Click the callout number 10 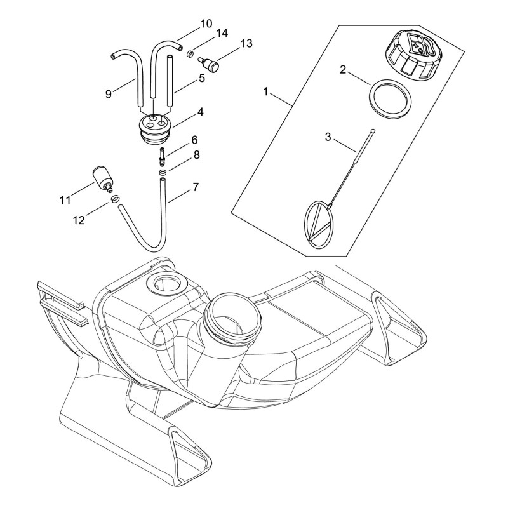point(206,23)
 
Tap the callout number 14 point(222,34)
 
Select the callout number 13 point(246,43)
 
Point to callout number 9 point(109,94)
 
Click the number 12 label point(79,220)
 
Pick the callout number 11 point(65,200)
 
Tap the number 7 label point(196,187)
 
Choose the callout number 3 point(328,137)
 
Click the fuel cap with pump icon point(410,57)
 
